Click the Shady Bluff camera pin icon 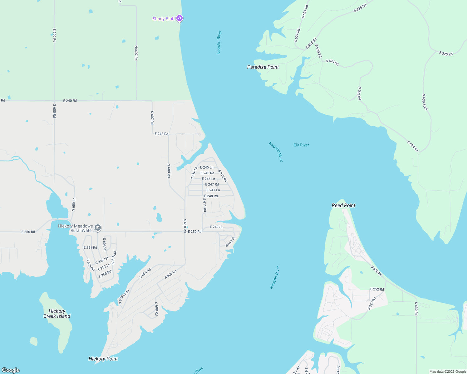(179, 18)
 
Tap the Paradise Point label (263, 67)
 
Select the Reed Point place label (343, 205)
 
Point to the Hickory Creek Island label (57, 314)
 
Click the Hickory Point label (103, 359)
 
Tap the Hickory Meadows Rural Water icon (98, 228)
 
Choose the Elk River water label (301, 145)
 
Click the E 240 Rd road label (70, 101)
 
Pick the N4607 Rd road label (136, 53)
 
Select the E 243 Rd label (161, 134)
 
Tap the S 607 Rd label (152, 117)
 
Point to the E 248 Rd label (211, 196)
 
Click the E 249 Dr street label (216, 227)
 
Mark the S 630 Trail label (425, 102)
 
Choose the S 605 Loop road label (124, 297)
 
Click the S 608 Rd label (156, 309)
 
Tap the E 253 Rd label (105, 274)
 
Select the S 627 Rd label (372, 303)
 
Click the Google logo (11, 370)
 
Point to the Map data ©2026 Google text (448, 372)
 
